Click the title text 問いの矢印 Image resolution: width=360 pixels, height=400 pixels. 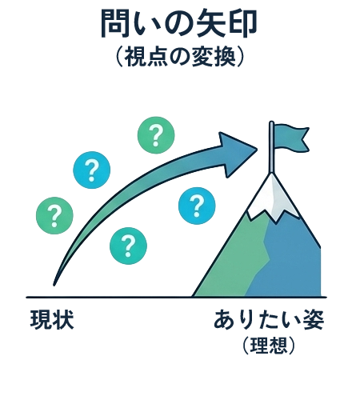(179, 24)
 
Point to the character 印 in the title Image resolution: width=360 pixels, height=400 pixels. (242, 24)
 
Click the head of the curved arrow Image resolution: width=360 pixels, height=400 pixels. (236, 154)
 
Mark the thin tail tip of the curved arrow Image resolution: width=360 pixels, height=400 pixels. (54, 284)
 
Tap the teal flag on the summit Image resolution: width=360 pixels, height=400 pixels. (291, 138)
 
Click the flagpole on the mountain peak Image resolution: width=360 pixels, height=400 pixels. (271, 147)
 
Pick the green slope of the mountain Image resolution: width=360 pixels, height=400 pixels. (234, 262)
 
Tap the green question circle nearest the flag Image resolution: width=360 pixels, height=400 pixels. (156, 135)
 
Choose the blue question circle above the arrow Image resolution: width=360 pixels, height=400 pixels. (92, 170)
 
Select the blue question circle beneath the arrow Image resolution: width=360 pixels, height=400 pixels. (197, 206)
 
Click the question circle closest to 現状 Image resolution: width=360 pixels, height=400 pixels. (54, 215)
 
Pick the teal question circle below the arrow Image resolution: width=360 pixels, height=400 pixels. (128, 246)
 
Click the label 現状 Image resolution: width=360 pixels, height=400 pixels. (52, 319)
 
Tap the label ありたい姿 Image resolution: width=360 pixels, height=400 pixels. (269, 319)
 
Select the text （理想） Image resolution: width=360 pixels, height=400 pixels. (269, 346)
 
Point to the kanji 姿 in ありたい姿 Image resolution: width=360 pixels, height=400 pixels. (313, 319)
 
